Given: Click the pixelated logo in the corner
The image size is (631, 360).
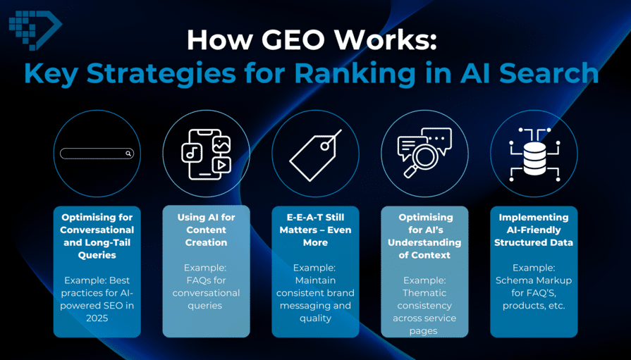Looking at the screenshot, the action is (x=35, y=30).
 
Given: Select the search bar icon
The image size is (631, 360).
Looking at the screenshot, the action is (x=97, y=154).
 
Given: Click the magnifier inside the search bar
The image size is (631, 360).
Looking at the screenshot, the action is (x=128, y=154).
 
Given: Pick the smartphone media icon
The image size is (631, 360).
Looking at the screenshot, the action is (x=206, y=154).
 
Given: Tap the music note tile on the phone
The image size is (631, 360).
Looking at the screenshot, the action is (x=192, y=153).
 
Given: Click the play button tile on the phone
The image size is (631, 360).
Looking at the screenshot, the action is (x=221, y=165).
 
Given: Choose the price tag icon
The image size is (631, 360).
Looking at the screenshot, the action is (x=316, y=155).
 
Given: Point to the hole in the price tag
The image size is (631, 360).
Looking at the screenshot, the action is (x=324, y=146).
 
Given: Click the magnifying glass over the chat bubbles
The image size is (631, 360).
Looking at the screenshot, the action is (x=419, y=157).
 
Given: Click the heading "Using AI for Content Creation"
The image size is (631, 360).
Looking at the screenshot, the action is (x=206, y=230).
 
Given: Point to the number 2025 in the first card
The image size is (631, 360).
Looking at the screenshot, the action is (x=97, y=318).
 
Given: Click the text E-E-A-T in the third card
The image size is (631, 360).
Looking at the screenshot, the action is (x=305, y=217).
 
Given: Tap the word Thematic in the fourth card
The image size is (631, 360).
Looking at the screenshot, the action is (x=424, y=293).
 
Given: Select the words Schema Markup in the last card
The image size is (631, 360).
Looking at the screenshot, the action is (x=534, y=280).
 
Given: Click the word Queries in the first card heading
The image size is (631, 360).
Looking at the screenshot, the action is (x=97, y=255).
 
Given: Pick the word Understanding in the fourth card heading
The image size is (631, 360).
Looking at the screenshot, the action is (x=424, y=242).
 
